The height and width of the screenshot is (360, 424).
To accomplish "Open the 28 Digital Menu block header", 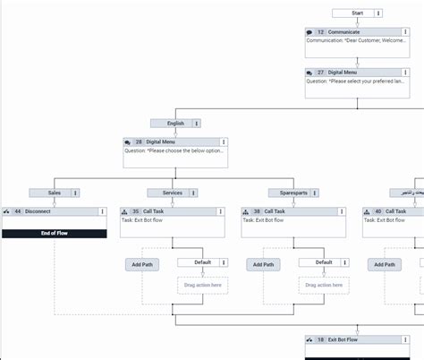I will pyautogui.click(x=170, y=142).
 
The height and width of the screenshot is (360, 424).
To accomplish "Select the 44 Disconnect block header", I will pyautogui.click(x=49, y=212).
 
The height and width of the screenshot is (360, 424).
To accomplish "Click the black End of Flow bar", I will pyautogui.click(x=54, y=233).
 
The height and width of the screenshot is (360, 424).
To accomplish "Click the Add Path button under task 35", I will pyautogui.click(x=142, y=265).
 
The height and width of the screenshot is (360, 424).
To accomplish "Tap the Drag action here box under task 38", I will pyautogui.click(x=323, y=286).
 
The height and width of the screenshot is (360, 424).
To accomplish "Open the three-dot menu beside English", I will pyautogui.click(x=197, y=124).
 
